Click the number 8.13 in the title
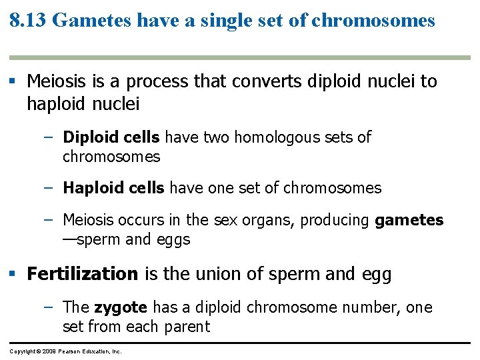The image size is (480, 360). tap(28, 21)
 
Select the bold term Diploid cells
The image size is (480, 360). tap(111, 137)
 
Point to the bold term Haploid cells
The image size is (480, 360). tap(113, 188)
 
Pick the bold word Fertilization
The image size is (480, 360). tap(82, 274)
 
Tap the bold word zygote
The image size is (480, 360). tap(121, 307)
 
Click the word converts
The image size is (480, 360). tap(269, 82)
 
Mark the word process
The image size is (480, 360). tap(157, 82)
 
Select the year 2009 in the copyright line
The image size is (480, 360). tap(49, 351)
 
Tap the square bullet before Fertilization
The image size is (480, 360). tap(13, 274)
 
